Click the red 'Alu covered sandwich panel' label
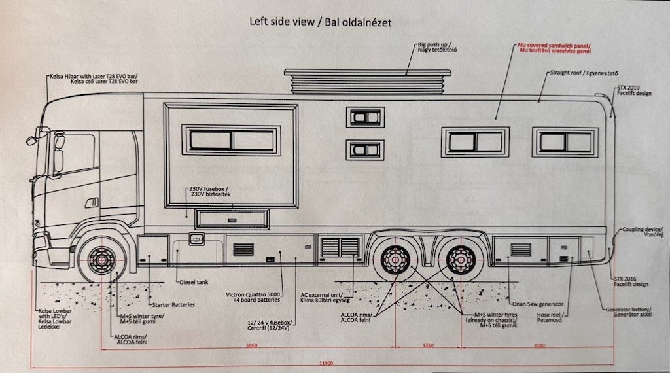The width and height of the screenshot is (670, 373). (554, 48)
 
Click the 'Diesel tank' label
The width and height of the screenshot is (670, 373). (194, 283)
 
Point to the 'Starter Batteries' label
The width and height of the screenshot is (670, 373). (173, 305)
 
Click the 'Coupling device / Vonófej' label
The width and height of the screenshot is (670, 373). (643, 232)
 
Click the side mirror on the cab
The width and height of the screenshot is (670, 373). (31, 139)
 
